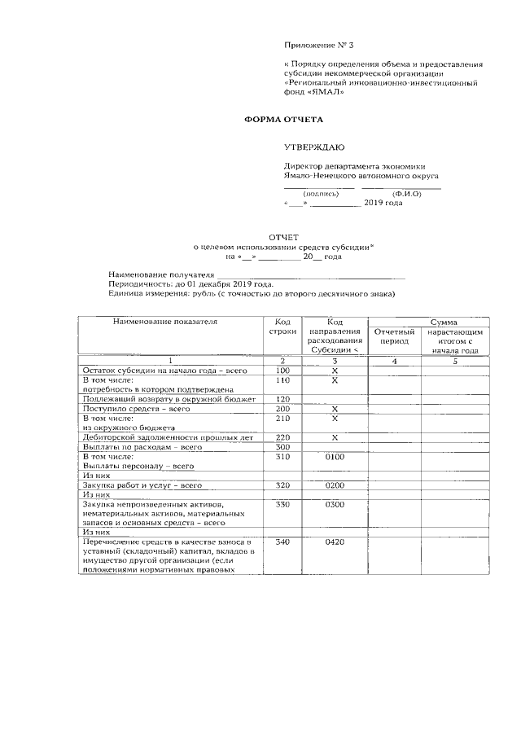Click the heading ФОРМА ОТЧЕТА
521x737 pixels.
pyautogui.click(x=284, y=120)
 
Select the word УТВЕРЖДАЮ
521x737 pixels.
pyautogui.click(x=313, y=147)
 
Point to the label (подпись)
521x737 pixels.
pyautogui.click(x=320, y=194)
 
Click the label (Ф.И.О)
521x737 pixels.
pyautogui.click(x=405, y=194)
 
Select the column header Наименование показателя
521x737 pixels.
pyautogui.click(x=166, y=322)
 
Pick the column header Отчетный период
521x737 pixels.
pyautogui.click(x=395, y=337)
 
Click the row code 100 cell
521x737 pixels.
pyautogui.click(x=282, y=370)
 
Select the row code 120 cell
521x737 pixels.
pyautogui.click(x=282, y=399)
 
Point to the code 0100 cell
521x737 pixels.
pyautogui.click(x=335, y=457)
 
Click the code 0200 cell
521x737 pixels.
pyautogui.click(x=335, y=485)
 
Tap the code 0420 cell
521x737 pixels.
pyautogui.click(x=335, y=542)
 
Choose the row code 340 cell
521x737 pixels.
pyautogui.click(x=282, y=542)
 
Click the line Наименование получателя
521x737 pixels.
pyautogui.click(x=161, y=275)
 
